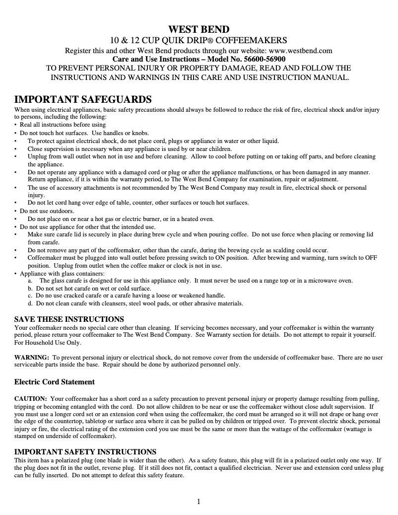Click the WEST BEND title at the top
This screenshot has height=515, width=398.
click(x=199, y=29)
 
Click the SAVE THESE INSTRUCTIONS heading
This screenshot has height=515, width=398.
click(x=69, y=319)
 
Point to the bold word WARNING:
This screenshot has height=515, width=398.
click(x=32, y=357)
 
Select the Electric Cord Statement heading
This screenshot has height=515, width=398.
click(x=55, y=382)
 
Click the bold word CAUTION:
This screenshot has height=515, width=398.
click(x=31, y=399)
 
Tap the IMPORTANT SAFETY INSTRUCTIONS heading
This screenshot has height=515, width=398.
click(x=85, y=451)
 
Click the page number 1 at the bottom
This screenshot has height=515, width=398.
click(x=199, y=501)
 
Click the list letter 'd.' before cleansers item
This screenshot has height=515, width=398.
click(x=31, y=303)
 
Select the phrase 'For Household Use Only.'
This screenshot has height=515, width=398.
click(x=48, y=343)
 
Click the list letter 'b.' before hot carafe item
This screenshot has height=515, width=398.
click(x=31, y=288)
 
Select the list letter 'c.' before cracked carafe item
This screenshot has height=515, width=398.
click(x=31, y=295)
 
